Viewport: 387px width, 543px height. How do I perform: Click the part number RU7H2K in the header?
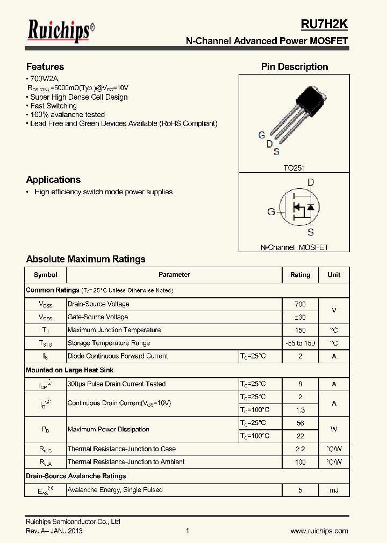tap(324, 24)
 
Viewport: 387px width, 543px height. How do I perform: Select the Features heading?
tap(45, 67)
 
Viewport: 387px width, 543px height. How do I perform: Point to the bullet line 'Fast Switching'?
tap(53, 106)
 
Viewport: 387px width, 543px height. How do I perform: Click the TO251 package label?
tap(294, 168)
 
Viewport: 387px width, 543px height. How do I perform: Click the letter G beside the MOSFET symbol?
tap(271, 211)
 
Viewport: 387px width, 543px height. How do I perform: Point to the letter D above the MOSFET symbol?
tap(310, 182)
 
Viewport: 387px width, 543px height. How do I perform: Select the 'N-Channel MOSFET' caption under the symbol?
tap(294, 247)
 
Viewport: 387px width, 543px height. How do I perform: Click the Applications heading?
tap(53, 180)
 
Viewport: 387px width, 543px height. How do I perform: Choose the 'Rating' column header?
tap(300, 275)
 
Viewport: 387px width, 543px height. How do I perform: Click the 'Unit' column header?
tap(334, 275)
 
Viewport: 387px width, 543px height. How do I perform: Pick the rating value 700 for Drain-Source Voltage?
tap(300, 304)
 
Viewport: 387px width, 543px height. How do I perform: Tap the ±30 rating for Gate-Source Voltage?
tap(300, 317)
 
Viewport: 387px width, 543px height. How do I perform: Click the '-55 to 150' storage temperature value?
tap(300, 343)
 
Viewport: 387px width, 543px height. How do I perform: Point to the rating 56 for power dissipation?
tap(300, 423)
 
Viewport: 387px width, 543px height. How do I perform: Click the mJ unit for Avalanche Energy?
tap(334, 490)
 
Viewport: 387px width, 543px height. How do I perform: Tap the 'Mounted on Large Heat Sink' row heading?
tap(70, 370)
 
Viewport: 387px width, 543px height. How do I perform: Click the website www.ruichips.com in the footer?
tap(319, 531)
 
